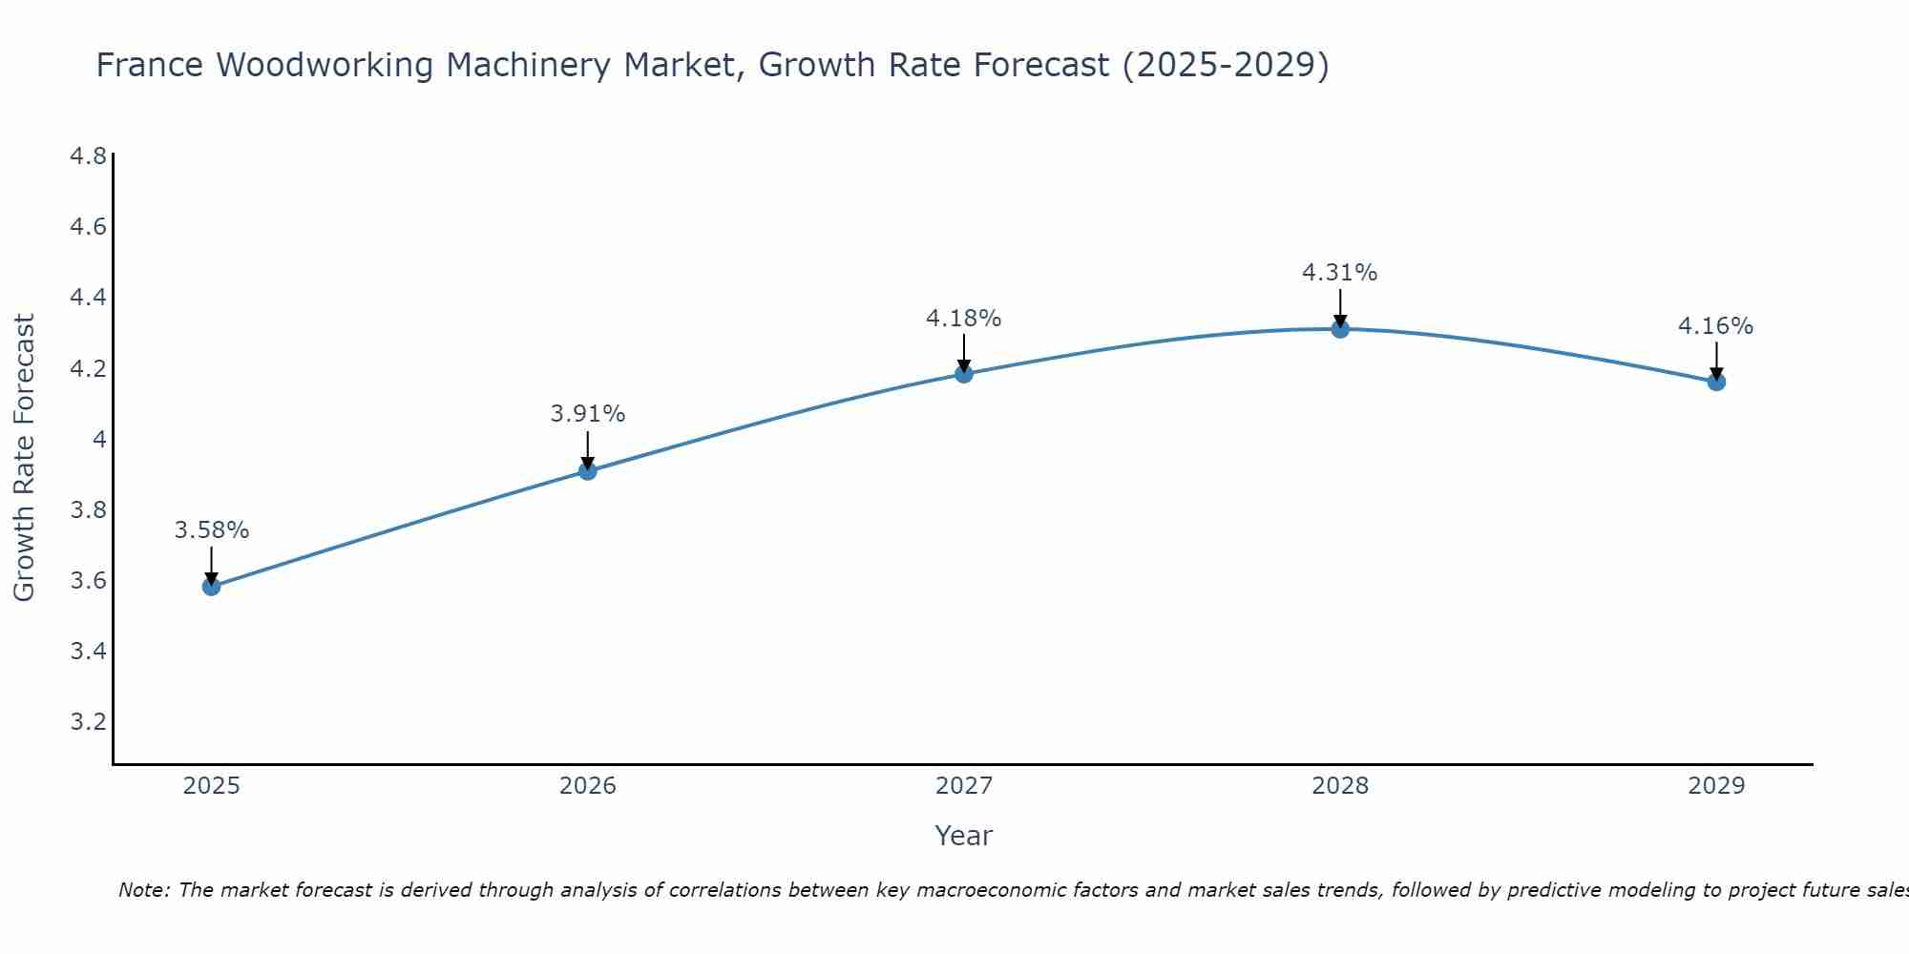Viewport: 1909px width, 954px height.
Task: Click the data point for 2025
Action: [x=212, y=586]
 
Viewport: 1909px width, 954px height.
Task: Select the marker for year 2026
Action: [x=588, y=470]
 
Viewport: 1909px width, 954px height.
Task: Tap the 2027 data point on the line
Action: [x=964, y=373]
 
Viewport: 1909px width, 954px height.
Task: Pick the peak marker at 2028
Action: [x=1340, y=329]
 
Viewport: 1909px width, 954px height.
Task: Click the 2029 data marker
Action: [x=1716, y=382]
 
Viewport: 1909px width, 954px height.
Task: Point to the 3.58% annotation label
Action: [x=212, y=530]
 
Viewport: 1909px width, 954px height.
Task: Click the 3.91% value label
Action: [x=588, y=414]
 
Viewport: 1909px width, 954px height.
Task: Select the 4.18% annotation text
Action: [x=964, y=319]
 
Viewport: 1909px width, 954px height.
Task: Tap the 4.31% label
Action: [x=1340, y=273]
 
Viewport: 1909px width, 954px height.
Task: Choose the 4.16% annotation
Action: [x=1716, y=326]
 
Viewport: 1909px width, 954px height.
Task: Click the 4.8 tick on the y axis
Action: [x=88, y=156]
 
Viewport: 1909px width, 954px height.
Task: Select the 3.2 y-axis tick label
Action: [x=88, y=722]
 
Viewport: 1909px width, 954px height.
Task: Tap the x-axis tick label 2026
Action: [x=588, y=786]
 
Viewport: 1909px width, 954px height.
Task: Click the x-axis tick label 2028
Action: [x=1340, y=786]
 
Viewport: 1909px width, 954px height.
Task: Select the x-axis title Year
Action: [x=964, y=836]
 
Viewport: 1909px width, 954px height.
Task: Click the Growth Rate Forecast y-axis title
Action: [x=24, y=458]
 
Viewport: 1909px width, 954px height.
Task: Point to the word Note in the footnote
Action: [x=143, y=890]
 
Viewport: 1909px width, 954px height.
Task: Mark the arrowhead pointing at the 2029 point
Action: [x=1716, y=373]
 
